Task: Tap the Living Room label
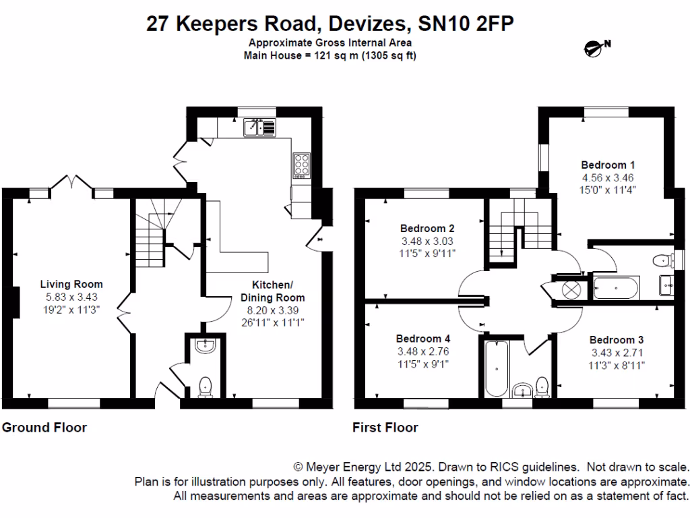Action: pyautogui.click(x=71, y=285)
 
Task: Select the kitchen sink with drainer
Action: pyautogui.click(x=259, y=127)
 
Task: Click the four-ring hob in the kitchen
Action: pyautogui.click(x=301, y=165)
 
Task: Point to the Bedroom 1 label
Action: pyautogui.click(x=608, y=165)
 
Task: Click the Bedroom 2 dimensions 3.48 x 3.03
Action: pyautogui.click(x=427, y=241)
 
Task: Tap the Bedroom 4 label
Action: pyautogui.click(x=423, y=339)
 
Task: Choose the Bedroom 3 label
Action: pyautogui.click(x=617, y=340)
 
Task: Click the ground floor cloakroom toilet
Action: pyautogui.click(x=206, y=386)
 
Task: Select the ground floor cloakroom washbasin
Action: pyautogui.click(x=206, y=346)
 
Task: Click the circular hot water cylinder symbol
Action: pyautogui.click(x=571, y=291)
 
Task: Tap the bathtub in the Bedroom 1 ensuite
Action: pyautogui.click(x=616, y=288)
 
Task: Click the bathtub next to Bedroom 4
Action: pyautogui.click(x=497, y=369)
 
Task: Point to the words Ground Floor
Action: pyautogui.click(x=44, y=427)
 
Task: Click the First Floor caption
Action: pyautogui.click(x=385, y=427)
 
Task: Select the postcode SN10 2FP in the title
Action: pyautogui.click(x=466, y=24)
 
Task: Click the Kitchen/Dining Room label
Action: pyautogui.click(x=272, y=291)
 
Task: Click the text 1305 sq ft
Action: pyautogui.click(x=389, y=55)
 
